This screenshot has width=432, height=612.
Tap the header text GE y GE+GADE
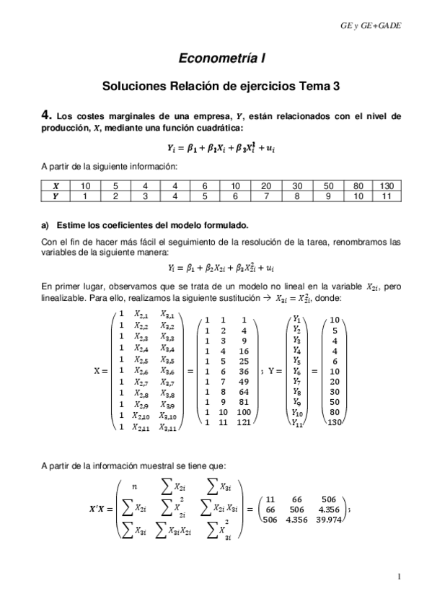pyautogui.click(x=370, y=26)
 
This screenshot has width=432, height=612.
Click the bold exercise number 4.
pyautogui.click(x=47, y=115)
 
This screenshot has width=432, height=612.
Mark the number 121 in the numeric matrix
pyautogui.click(x=244, y=425)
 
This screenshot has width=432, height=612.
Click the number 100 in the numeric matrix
pyautogui.click(x=244, y=414)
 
